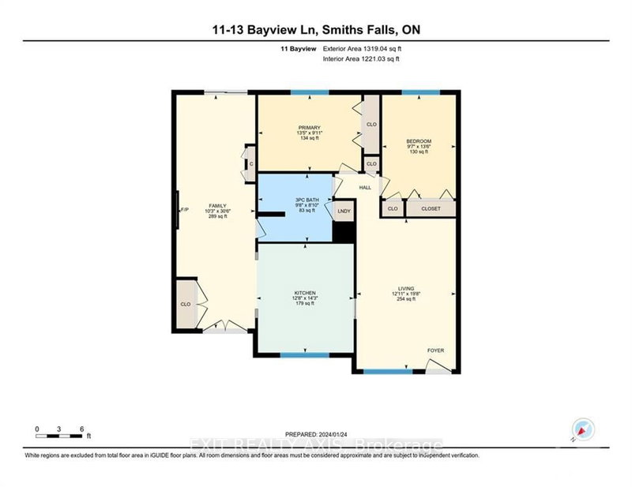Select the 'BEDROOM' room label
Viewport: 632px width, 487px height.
click(419, 142)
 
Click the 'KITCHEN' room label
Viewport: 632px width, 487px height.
click(305, 293)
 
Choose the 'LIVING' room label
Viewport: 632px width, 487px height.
click(407, 289)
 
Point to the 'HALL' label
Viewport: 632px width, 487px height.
click(365, 188)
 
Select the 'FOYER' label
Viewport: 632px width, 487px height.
click(436, 350)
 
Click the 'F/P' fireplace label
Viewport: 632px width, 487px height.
click(184, 210)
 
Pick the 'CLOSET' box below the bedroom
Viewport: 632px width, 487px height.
click(431, 208)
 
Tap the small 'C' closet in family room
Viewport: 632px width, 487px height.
click(250, 164)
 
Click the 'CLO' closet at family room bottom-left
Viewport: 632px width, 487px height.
click(186, 303)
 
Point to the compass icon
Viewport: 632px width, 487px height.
click(582, 429)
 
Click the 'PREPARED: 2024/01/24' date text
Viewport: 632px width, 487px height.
click(316, 433)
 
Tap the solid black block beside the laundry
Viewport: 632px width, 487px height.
click(343, 232)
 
